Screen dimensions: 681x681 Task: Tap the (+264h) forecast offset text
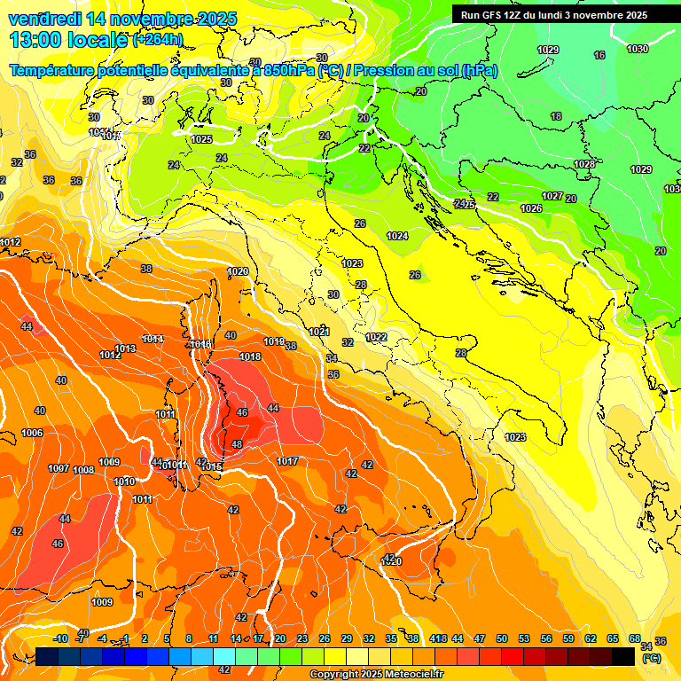(157, 39)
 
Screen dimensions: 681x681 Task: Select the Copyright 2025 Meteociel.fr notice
(376, 674)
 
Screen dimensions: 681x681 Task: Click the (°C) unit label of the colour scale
(651, 658)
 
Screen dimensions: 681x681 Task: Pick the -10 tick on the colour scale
(60, 638)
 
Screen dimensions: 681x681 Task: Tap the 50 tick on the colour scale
(502, 638)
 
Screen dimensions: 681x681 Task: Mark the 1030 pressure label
(637, 50)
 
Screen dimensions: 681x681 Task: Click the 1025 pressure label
(201, 139)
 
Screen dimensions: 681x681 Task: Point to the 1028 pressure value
(583, 164)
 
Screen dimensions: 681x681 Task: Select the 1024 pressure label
(397, 236)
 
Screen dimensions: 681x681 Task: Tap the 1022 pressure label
(376, 337)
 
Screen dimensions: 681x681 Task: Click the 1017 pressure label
(286, 461)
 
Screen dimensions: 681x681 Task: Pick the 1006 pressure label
(32, 433)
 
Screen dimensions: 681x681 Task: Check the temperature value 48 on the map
(237, 444)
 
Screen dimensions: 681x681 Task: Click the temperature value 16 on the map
(599, 55)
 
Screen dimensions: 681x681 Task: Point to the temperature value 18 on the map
(556, 116)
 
